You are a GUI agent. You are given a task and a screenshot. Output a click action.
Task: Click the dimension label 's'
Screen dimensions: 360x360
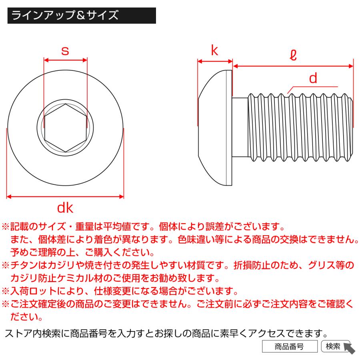[x=65, y=51]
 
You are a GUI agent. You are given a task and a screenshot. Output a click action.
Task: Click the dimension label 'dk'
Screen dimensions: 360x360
[x=65, y=208]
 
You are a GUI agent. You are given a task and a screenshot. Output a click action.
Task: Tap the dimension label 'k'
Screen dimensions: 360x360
[x=215, y=51]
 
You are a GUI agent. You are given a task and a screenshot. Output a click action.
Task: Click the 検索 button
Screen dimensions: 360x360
[x=333, y=346]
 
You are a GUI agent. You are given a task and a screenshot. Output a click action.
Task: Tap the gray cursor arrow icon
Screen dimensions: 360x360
[x=349, y=348]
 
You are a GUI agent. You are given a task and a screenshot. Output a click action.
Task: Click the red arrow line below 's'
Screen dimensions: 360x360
[x=65, y=60]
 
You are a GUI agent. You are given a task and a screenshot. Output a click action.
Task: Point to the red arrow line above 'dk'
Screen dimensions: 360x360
[x=66, y=196]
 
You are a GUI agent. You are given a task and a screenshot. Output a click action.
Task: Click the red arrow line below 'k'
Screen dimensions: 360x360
[x=215, y=62]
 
